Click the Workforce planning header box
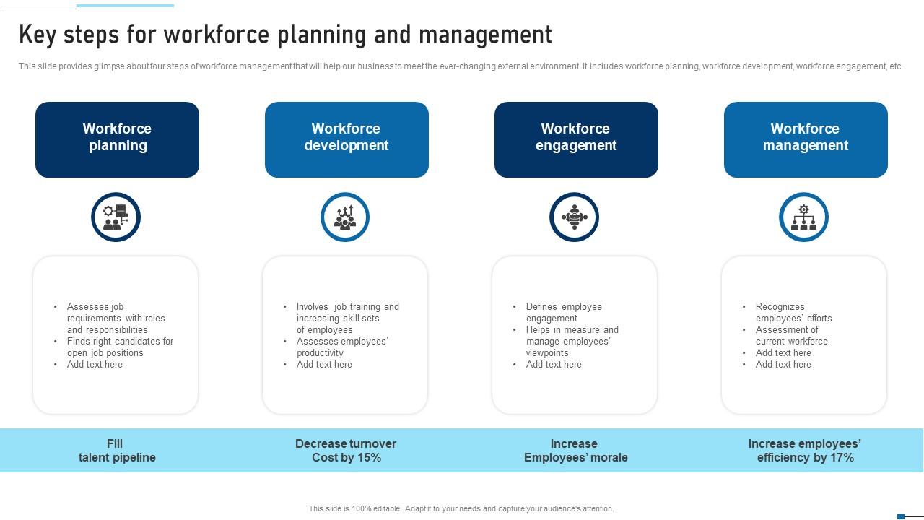pos(117,140)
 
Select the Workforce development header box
pos(346,140)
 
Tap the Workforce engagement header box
pos(576,140)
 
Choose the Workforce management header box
pos(806,140)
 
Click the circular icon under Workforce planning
pos(116,217)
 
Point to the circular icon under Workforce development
pos(345,217)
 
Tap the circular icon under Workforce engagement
pos(574,217)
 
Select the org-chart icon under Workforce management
pos(803,217)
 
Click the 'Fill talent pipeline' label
pos(117,451)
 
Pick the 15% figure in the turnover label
pos(367,458)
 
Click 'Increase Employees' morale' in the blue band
pos(576,451)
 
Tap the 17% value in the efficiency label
pos(840,458)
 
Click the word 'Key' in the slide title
pos(38,35)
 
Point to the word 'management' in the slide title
pos(486,35)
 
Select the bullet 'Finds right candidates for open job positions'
pos(120,347)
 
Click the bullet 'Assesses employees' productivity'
pos(342,347)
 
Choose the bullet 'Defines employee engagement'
pos(564,313)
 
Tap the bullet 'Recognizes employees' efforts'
pos(793,313)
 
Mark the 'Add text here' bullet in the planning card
pos(95,365)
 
